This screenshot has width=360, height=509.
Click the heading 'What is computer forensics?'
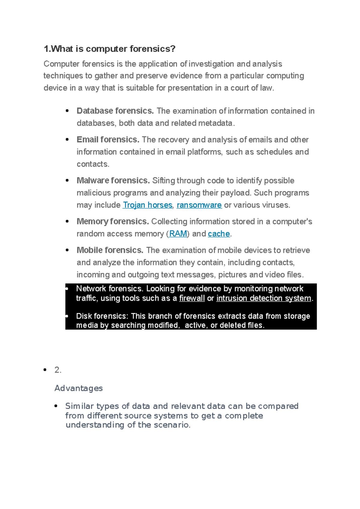pyautogui.click(x=109, y=49)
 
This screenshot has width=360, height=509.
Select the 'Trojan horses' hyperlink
pyautogui.click(x=148, y=205)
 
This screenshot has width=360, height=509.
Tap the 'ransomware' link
pyautogui.click(x=199, y=205)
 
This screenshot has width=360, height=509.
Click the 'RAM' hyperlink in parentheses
pyautogui.click(x=178, y=234)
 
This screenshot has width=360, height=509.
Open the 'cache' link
pyautogui.click(x=219, y=234)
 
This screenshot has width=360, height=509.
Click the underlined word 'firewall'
pyautogui.click(x=192, y=298)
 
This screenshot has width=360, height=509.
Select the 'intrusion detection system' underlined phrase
pyautogui.click(x=264, y=298)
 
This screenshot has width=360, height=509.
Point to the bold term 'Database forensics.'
pyautogui.click(x=115, y=111)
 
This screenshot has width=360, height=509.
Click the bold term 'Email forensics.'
pyautogui.click(x=108, y=140)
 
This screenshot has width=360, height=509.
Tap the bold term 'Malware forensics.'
pyautogui.click(x=113, y=180)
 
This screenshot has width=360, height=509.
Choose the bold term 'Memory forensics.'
pyautogui.click(x=113, y=222)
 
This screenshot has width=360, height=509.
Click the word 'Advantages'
pyautogui.click(x=79, y=388)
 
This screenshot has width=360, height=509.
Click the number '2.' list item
pyautogui.click(x=58, y=370)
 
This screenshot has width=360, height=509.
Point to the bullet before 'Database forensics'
pyautogui.click(x=67, y=111)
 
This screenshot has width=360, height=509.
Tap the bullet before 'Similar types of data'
pyautogui.click(x=56, y=406)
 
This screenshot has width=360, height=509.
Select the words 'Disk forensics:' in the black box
pyautogui.click(x=102, y=316)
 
